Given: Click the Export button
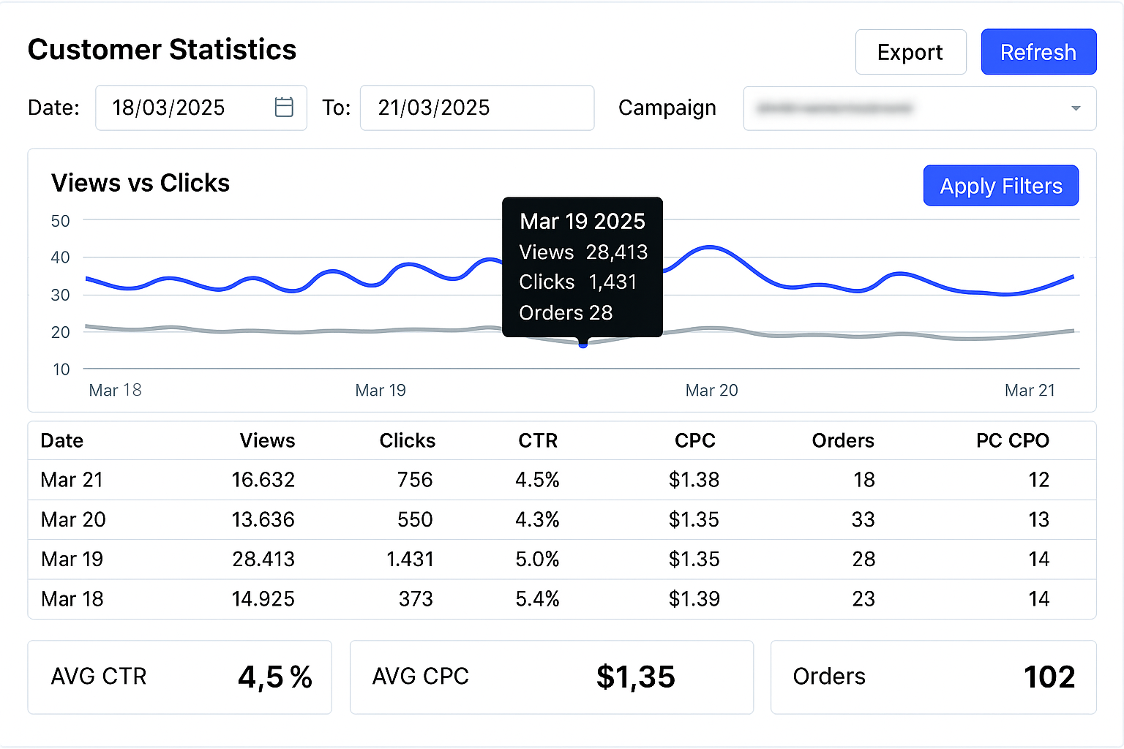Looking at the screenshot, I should (910, 52).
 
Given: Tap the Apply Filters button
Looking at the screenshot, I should (1000, 186).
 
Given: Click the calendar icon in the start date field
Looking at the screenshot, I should (284, 108).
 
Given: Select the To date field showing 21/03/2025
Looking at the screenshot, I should (476, 108).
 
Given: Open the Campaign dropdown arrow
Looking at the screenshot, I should (1075, 108).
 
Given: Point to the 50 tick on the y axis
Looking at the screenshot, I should (61, 221).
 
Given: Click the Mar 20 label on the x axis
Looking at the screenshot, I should (711, 391).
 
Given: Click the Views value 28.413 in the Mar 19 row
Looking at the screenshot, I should (263, 560).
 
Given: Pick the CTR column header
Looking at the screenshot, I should (538, 440).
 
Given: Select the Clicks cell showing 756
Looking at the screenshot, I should (415, 480).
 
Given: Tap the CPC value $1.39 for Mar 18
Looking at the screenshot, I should (694, 599).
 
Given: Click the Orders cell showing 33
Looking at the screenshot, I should (863, 519).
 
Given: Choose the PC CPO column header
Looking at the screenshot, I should (1012, 440).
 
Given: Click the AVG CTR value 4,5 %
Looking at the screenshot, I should (275, 677).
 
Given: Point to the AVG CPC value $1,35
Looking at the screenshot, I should (635, 677).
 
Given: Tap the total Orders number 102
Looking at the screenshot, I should (1049, 677).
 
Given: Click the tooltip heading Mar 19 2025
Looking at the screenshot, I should (582, 221).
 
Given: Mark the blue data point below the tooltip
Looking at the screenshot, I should (583, 344).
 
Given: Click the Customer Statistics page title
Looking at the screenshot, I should (162, 50).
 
